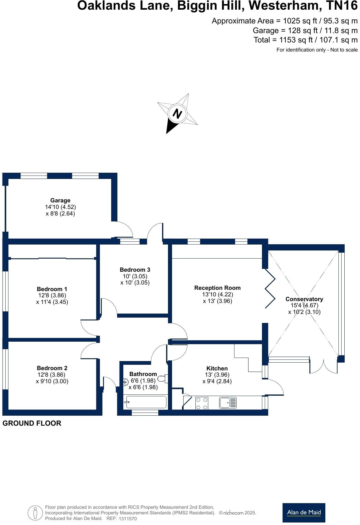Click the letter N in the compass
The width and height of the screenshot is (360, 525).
click(177, 114)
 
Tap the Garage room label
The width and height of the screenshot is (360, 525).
click(60, 201)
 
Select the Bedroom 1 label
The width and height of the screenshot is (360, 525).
click(52, 289)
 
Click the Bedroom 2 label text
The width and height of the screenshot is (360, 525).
click(52, 368)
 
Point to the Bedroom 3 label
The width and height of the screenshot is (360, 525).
click(135, 270)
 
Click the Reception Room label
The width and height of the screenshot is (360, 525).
click(217, 288)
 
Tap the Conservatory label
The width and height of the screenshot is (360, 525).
click(304, 299)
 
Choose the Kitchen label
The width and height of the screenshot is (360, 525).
click(217, 368)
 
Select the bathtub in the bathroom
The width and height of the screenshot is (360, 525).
click(145, 402)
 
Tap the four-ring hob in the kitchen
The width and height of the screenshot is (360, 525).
click(202, 403)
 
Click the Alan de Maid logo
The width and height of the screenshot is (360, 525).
click(303, 513)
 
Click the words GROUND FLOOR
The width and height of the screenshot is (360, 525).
click(32, 423)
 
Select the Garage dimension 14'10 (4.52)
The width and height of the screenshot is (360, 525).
click(60, 207)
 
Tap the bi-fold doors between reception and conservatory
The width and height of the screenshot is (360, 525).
click(270, 288)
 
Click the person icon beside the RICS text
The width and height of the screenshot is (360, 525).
click(35, 513)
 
